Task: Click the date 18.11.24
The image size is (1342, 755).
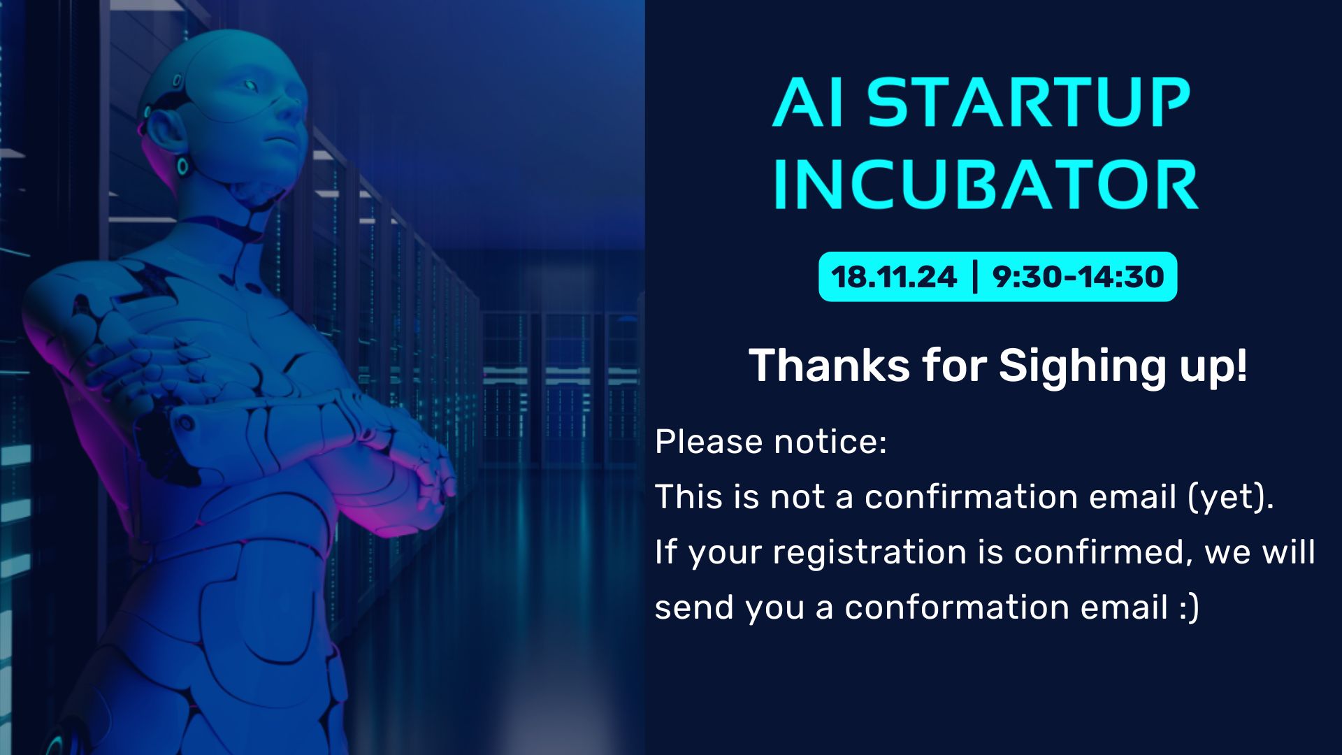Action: click(894, 277)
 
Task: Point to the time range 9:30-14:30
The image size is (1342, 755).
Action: click(1078, 277)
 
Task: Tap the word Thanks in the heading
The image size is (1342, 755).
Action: click(830, 366)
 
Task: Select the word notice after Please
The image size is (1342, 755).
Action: click(830, 442)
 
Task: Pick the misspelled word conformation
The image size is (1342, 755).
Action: click(958, 607)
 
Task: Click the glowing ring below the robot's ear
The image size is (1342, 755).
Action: click(183, 166)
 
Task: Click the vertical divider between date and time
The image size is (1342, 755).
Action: click(975, 277)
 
